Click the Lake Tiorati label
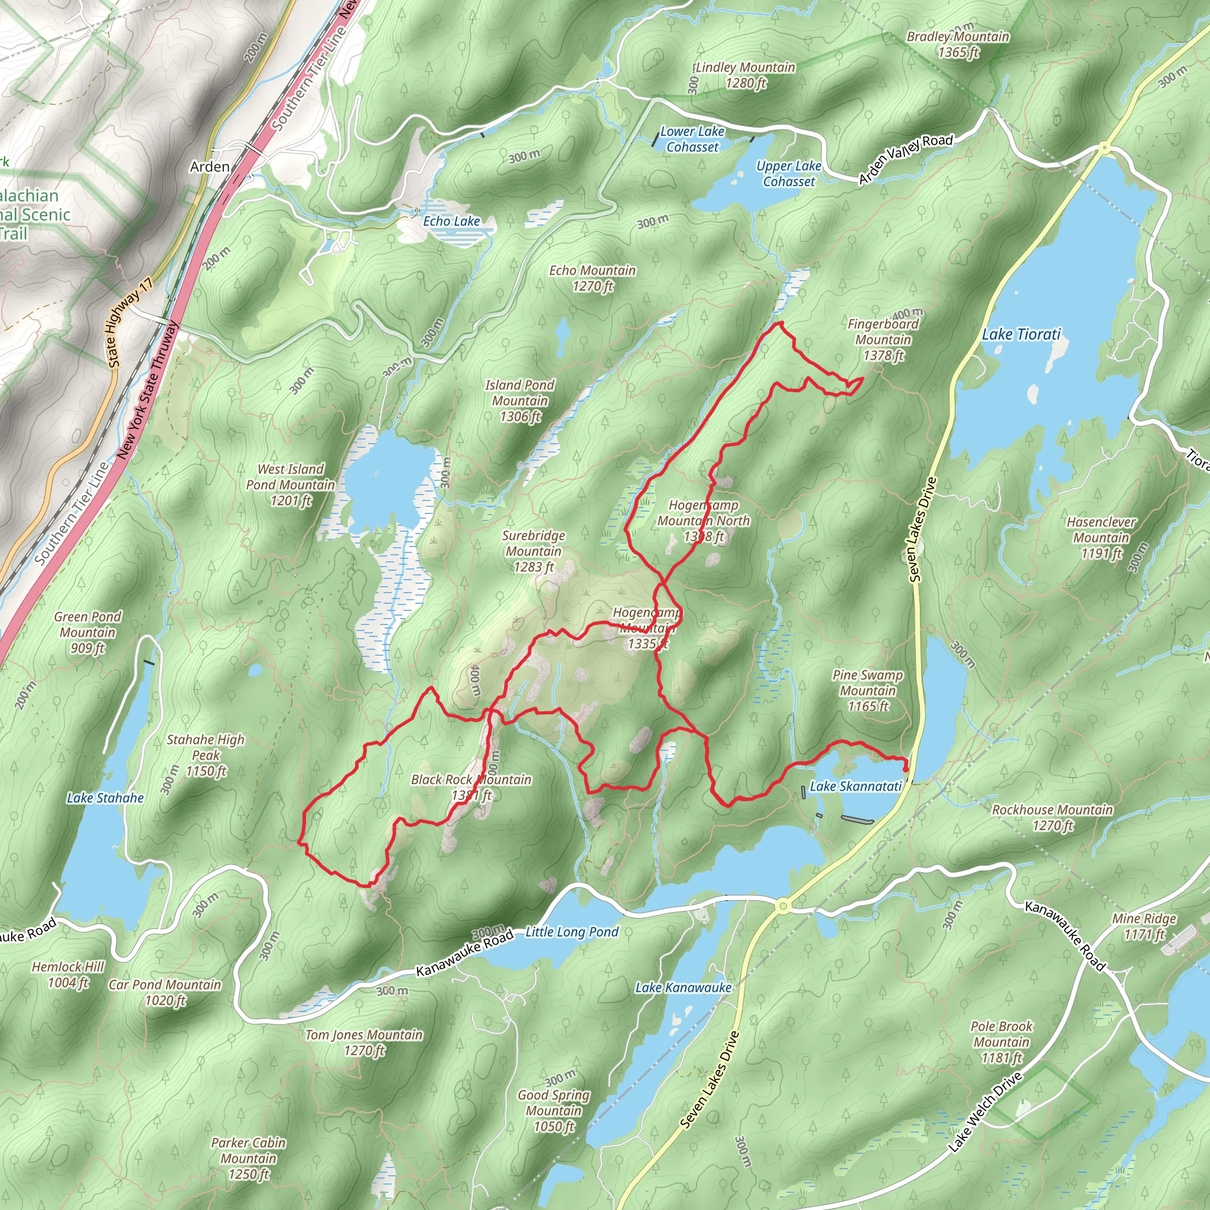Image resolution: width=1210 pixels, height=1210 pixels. [x=1021, y=334]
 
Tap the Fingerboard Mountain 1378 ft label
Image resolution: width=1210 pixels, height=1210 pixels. [x=883, y=340]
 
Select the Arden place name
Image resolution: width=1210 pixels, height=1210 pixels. [x=210, y=167]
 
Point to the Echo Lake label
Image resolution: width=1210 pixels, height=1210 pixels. [x=451, y=221]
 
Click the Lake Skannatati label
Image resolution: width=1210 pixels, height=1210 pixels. [x=856, y=786]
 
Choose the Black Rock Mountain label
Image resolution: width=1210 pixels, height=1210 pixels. [x=471, y=787]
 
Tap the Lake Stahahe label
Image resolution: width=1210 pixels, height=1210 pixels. [x=105, y=798]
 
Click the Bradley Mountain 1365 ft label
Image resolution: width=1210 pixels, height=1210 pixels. [x=958, y=44]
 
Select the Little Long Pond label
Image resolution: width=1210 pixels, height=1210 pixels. [x=571, y=932]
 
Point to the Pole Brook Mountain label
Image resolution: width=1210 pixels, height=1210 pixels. [x=1001, y=1042]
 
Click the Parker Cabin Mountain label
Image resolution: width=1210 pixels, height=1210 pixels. [x=248, y=1159]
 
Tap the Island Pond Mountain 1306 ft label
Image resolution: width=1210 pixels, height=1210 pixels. [x=519, y=401]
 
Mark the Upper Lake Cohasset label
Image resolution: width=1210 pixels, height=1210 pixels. [x=789, y=174]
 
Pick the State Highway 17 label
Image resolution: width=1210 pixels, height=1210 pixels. [x=129, y=323]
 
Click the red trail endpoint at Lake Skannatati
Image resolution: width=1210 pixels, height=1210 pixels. [x=906, y=769]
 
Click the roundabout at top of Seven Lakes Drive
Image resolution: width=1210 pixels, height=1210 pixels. [x=1104, y=148]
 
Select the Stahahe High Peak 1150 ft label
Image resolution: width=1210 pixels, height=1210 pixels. [x=206, y=755]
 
